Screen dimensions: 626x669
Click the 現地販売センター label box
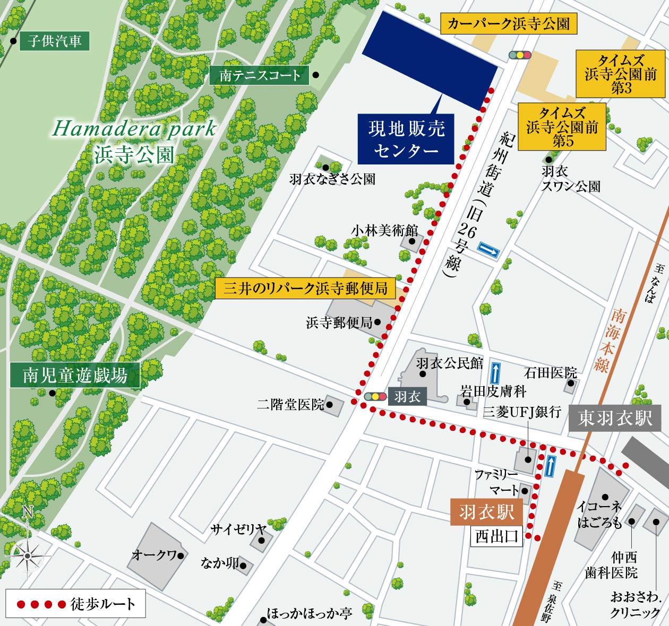pos(406,139)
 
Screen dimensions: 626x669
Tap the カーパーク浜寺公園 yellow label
pos(508,24)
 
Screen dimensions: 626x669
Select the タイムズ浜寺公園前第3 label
pos(620,74)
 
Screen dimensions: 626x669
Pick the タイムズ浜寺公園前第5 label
pos(562,126)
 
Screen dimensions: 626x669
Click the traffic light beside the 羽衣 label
pos(375,396)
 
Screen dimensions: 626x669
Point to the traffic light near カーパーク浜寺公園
pos(520,55)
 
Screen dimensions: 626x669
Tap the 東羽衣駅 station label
pos(615,418)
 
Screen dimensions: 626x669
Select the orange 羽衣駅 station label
pos(486,512)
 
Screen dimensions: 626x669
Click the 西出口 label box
pos(496,536)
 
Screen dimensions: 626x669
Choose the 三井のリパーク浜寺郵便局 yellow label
pos(305,288)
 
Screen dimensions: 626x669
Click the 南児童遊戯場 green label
pos(75,375)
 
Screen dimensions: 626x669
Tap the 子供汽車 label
pos(54,41)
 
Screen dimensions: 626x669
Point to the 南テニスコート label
pos(260,75)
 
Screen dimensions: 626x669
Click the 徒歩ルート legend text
pos(103,604)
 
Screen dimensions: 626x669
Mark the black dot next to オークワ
pos(181,555)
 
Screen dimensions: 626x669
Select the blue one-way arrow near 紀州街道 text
pos(488,249)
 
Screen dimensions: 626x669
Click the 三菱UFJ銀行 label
pos(522,412)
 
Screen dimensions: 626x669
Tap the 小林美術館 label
pos(384,230)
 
